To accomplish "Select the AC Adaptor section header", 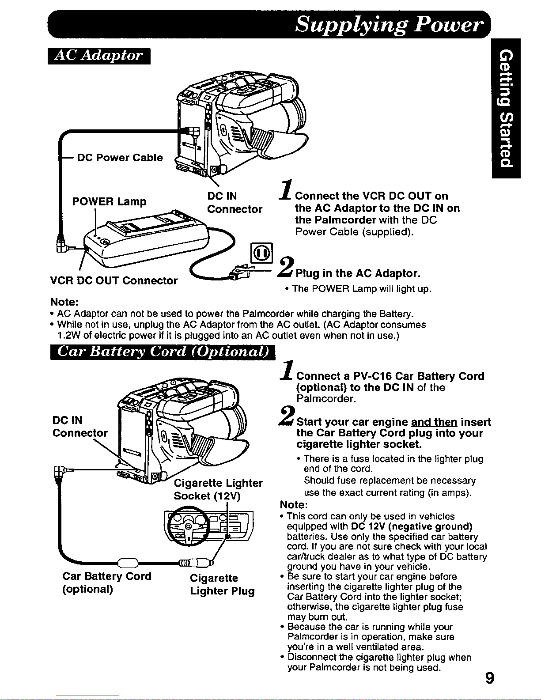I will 98,56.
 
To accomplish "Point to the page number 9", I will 488,677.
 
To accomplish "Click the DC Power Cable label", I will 120,158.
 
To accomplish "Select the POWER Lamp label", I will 109,202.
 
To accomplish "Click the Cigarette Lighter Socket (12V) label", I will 218,489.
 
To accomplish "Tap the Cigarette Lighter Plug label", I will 222,585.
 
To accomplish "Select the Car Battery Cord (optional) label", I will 107,583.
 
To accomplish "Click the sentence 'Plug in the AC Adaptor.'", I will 358,273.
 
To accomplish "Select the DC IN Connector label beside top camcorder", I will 235,202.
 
